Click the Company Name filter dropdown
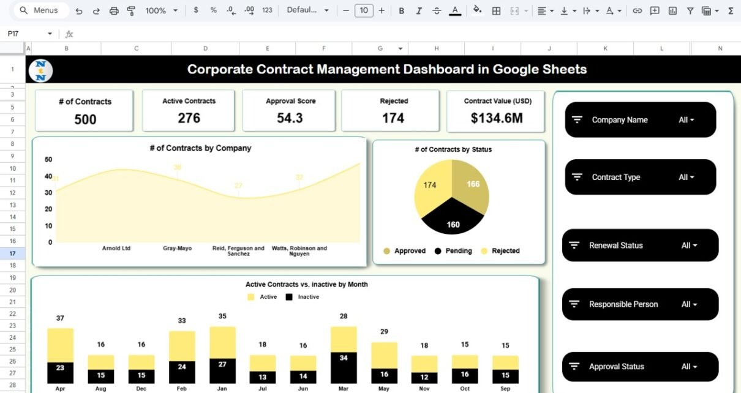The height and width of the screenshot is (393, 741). pos(640,120)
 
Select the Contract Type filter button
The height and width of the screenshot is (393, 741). pos(640,178)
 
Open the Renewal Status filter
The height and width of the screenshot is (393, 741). pos(640,245)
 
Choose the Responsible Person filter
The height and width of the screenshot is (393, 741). pos(640,304)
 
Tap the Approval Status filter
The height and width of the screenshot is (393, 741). pos(640,367)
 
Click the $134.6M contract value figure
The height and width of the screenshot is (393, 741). pos(496,118)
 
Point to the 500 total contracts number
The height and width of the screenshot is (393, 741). pos(85,119)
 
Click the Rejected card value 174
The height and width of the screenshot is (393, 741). pos(393,118)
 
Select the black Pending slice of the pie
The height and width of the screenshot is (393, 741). pos(452,218)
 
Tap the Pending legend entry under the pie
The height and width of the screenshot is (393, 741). pos(453,251)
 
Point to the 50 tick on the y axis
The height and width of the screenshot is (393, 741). pos(49,160)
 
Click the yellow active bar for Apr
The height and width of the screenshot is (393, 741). pos(61,345)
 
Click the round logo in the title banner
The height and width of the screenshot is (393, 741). pos(40,70)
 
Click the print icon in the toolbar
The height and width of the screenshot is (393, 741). pos(114,10)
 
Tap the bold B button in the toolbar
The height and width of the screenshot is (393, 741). pos(401,10)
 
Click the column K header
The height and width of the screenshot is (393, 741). pos(605,48)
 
